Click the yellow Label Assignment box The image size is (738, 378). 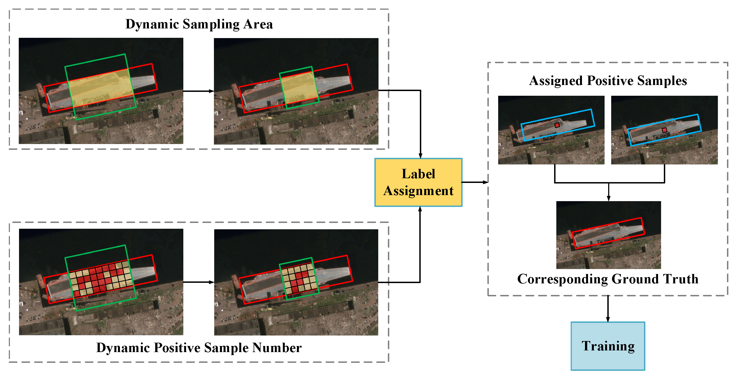coord(418,182)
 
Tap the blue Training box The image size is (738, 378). coord(608,346)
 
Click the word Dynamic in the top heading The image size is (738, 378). coord(152,24)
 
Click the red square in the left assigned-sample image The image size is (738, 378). coord(557,125)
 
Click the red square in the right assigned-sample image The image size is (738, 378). coord(664,130)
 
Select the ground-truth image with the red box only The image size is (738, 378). coord(608,235)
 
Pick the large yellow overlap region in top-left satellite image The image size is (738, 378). coord(101,88)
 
